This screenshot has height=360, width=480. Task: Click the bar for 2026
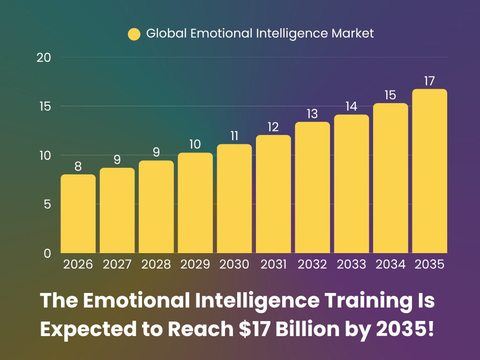[x=78, y=214]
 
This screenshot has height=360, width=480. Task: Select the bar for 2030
[x=234, y=199]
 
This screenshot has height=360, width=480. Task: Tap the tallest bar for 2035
[x=429, y=171]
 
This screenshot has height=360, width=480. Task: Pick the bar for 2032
[x=312, y=187]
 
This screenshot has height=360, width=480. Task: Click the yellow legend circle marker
[x=134, y=34]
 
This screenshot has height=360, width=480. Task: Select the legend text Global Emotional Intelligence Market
[x=260, y=34]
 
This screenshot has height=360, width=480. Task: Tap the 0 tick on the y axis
[x=47, y=253]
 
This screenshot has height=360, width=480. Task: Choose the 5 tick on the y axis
[x=47, y=204]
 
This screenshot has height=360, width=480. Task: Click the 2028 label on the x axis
[x=156, y=265]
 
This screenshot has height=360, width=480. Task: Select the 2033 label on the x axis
[x=352, y=265]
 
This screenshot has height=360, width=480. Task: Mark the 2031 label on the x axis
[x=273, y=265]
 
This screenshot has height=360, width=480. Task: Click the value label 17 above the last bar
[x=429, y=81]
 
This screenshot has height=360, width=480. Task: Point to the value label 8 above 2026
[x=78, y=167]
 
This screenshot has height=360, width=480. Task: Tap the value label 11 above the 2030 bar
[x=234, y=136]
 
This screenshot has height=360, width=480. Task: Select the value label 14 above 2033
[x=352, y=107]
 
